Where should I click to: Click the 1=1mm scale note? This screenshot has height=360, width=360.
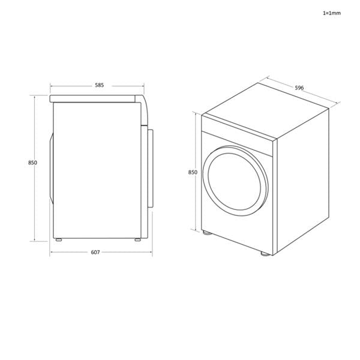click(x=331, y=12)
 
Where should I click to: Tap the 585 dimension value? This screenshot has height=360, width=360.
click(x=99, y=85)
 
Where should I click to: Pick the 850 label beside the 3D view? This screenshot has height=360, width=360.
click(x=193, y=172)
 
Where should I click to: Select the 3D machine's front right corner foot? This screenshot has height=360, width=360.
click(x=265, y=254)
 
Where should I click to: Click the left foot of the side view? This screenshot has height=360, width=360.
click(x=58, y=240)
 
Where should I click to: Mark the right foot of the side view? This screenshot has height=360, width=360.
click(x=138, y=240)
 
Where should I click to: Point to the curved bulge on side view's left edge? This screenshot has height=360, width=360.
click(x=51, y=165)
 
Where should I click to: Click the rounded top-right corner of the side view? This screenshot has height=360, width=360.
click(x=143, y=101)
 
